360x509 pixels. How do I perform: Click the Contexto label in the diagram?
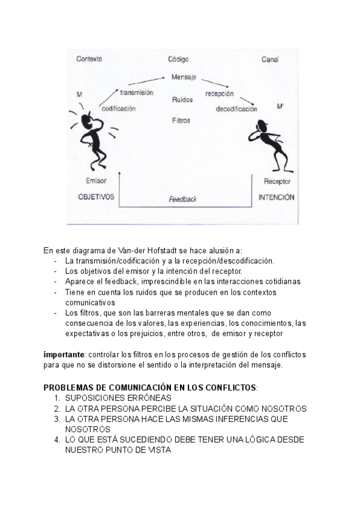point(89,59)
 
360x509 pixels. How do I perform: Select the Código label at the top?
point(178,59)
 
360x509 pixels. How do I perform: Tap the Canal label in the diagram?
point(270,59)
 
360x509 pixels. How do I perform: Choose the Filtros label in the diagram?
point(181,120)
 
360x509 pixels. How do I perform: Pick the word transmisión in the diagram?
point(137,93)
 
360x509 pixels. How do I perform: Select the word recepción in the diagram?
point(219,94)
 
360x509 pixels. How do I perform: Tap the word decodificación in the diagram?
point(236,109)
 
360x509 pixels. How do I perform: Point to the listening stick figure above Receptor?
point(266,144)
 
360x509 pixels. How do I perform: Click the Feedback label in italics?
point(182,199)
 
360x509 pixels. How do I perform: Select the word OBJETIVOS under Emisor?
point(96,196)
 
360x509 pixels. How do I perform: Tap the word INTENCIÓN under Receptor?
point(277,197)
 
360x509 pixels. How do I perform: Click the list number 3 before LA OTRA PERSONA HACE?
point(57,419)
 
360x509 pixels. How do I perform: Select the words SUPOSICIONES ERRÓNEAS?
point(118,397)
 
